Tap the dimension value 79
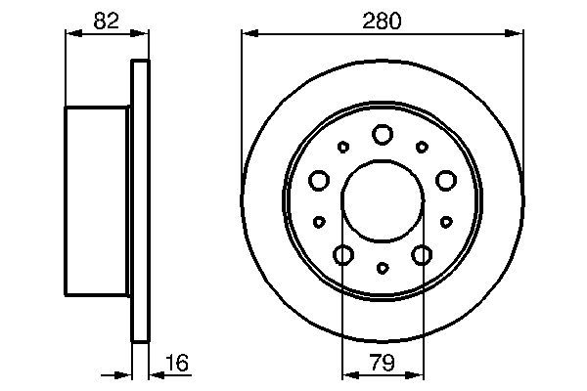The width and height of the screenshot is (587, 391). pyautogui.click(x=383, y=363)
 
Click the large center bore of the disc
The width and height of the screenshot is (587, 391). pyautogui.click(x=383, y=200)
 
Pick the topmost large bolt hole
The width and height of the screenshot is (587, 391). pyautogui.click(x=383, y=134)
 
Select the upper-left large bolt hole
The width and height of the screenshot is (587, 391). pyautogui.click(x=319, y=180)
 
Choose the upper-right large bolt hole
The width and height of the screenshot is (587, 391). pyautogui.click(x=446, y=180)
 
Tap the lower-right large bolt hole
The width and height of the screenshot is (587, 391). pyautogui.click(x=422, y=255)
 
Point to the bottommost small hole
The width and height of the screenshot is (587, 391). pyautogui.click(x=383, y=267)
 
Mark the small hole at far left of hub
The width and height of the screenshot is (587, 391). pyautogui.click(x=319, y=222)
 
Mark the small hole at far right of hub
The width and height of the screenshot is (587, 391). pyautogui.click(x=446, y=222)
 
